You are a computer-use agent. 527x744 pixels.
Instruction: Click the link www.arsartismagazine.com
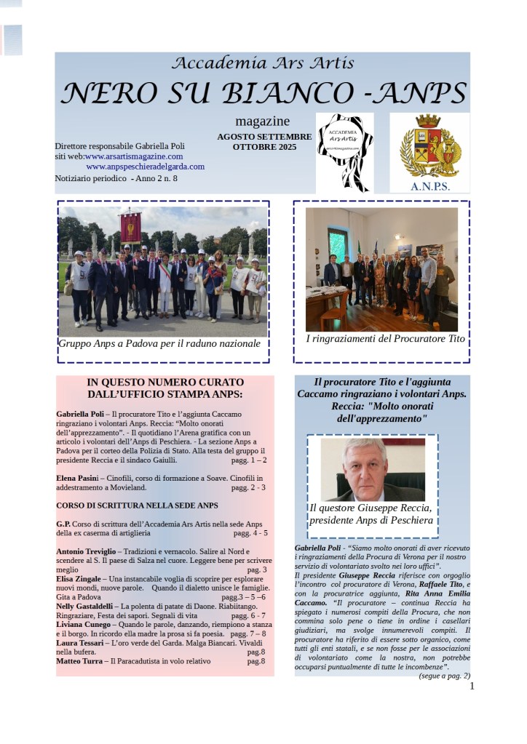134,156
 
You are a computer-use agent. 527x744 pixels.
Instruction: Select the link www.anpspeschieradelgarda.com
145,166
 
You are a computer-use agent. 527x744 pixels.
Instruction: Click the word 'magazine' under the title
262,121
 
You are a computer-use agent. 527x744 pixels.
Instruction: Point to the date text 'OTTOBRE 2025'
264,147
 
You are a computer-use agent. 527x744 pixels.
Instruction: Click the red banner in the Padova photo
130,227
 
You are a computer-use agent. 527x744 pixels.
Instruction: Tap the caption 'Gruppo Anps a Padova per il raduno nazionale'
159,343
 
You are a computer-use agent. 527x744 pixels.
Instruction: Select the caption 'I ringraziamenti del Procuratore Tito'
385,339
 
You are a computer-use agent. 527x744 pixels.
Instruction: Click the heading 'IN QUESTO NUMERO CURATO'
165,382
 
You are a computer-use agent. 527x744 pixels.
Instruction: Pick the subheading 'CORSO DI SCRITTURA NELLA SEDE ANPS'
137,504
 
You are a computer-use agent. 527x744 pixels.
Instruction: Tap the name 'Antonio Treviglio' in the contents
85,551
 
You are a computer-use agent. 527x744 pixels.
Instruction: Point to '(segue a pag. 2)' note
444,676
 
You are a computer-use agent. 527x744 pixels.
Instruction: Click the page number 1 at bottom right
472,686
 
